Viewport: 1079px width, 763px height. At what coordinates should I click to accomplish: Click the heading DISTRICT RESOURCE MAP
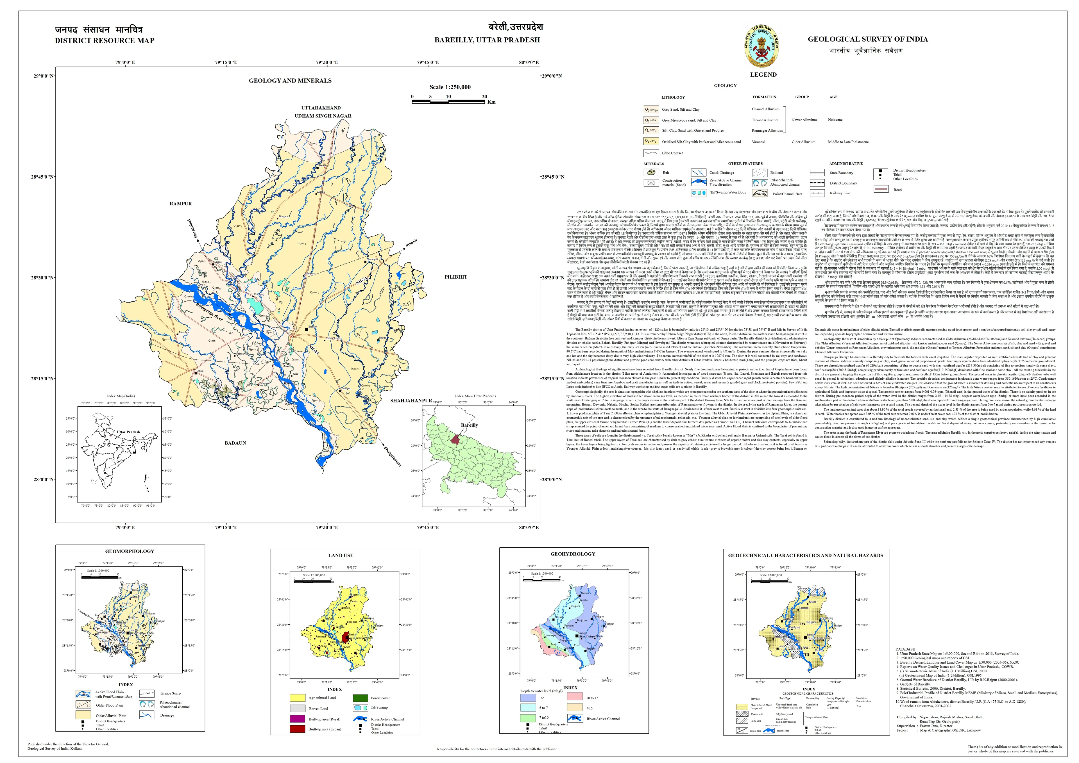pyautogui.click(x=104, y=40)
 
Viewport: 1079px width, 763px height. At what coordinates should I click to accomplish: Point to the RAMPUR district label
pyautogui.click(x=181, y=203)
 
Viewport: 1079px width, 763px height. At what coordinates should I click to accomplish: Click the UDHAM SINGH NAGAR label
pyautogui.click(x=323, y=116)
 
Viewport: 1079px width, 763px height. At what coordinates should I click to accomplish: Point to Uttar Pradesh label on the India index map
pyautogui.click(x=128, y=432)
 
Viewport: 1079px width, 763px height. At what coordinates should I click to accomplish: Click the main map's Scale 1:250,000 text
pyautogui.click(x=450, y=87)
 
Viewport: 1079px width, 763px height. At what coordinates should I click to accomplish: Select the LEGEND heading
pyautogui.click(x=763, y=75)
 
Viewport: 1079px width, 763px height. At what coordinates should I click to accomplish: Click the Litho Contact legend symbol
pyautogui.click(x=651, y=153)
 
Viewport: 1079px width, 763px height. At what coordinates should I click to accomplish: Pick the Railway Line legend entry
pyautogui.click(x=839, y=193)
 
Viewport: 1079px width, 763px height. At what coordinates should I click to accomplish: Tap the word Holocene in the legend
pyautogui.click(x=835, y=120)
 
